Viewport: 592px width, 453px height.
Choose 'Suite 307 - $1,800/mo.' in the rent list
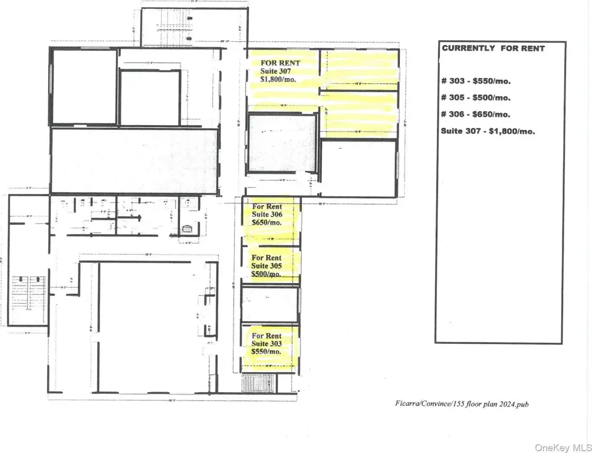488,131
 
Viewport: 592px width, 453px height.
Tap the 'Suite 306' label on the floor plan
267,215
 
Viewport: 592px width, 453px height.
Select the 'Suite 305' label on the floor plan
267,266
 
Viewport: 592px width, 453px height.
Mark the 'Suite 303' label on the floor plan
267,343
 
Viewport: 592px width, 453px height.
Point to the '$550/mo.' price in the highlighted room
266,352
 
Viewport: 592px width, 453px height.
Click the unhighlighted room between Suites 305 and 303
269,304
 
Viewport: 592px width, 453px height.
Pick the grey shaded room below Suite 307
281,143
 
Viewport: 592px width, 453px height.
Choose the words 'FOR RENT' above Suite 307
281,63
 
